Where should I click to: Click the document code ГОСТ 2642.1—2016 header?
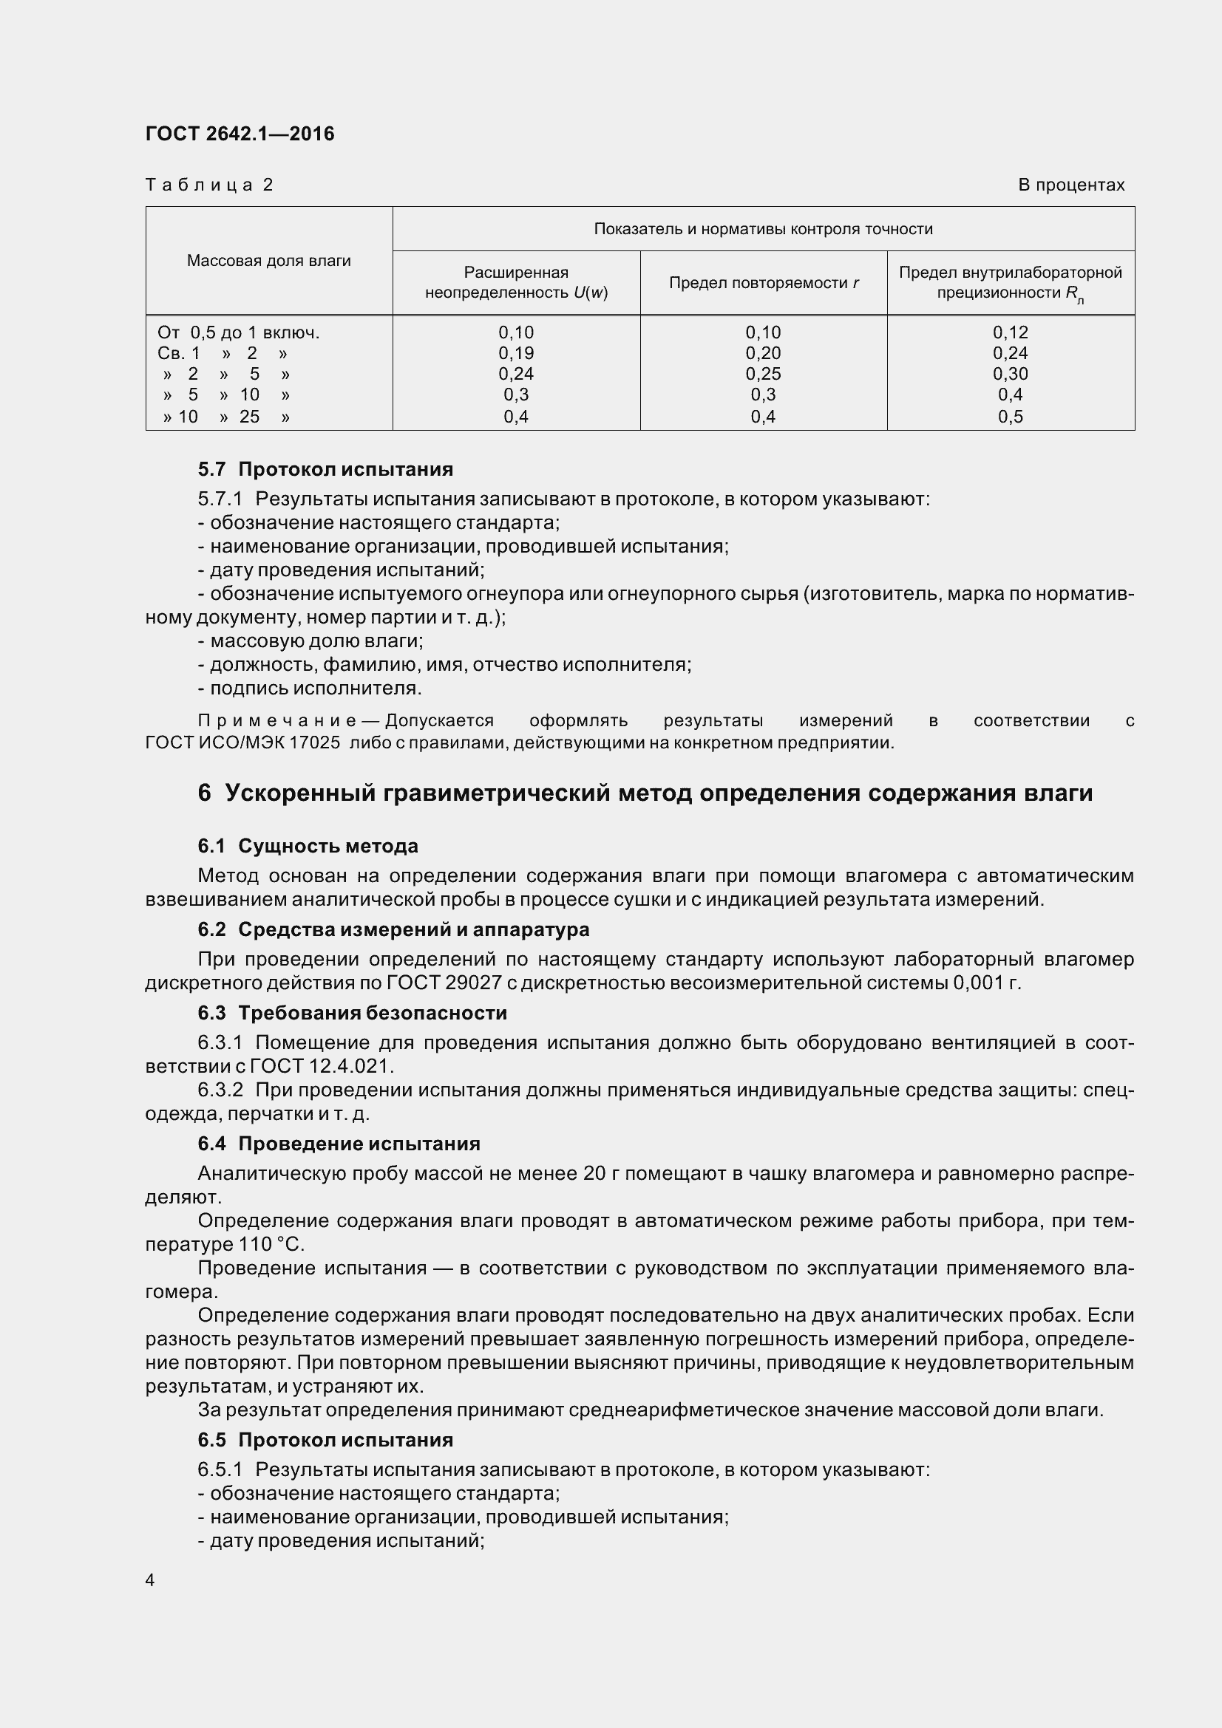pyautogui.click(x=240, y=134)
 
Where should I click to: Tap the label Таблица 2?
pyautogui.click(x=208, y=185)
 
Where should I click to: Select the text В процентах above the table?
pyautogui.click(x=1070, y=185)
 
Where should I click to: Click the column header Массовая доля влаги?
pyautogui.click(x=269, y=261)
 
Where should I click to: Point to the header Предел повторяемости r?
pyautogui.click(x=764, y=283)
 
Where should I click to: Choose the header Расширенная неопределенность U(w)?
pyautogui.click(x=516, y=282)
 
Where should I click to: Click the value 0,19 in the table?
pyautogui.click(x=516, y=353)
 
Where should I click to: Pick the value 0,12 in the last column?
pyautogui.click(x=1010, y=332)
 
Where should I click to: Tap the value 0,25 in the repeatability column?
pyautogui.click(x=763, y=374)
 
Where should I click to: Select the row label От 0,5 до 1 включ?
pyautogui.click(x=239, y=332)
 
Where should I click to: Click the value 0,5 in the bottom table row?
pyautogui.click(x=1010, y=417)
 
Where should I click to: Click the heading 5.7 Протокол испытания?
pyautogui.click(x=325, y=470)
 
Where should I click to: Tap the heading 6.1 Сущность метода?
pyautogui.click(x=308, y=847)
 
